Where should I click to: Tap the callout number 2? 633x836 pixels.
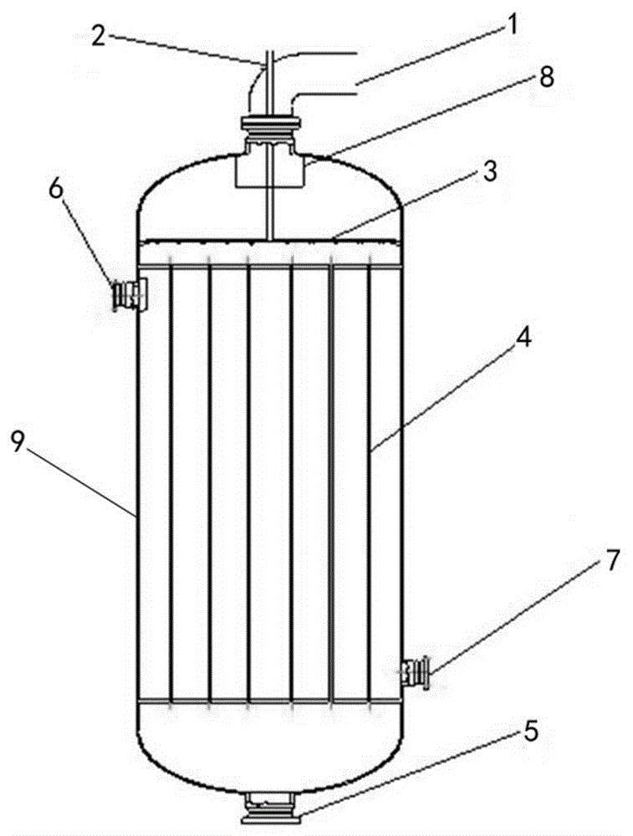tap(99, 38)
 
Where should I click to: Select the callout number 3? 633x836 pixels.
tap(489, 173)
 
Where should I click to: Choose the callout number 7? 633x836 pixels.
tap(611, 560)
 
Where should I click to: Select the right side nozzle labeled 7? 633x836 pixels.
tap(416, 673)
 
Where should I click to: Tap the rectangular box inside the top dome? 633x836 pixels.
tap(270, 169)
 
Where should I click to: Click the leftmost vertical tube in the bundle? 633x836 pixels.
tap(171, 483)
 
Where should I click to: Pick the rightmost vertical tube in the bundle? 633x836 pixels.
tap(370, 483)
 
